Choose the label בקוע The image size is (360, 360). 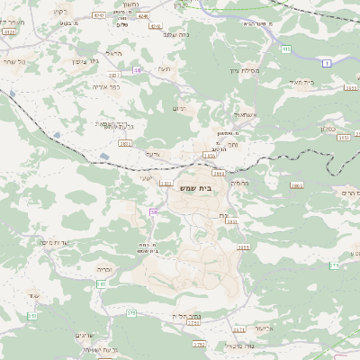pyautogui.click(x=59, y=11)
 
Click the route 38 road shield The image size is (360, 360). pyautogui.click(x=154, y=211)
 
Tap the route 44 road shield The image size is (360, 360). pyautogui.click(x=138, y=68)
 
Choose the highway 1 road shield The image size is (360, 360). pyautogui.click(x=326, y=62)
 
